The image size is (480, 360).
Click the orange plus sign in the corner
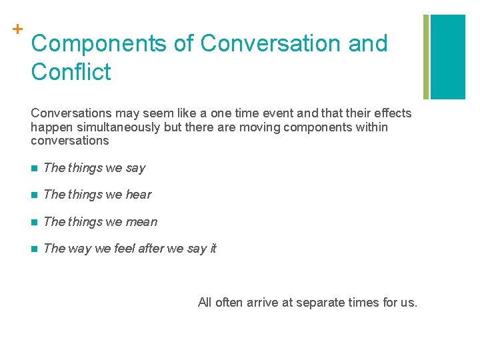[17, 29]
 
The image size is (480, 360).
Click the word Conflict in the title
[71, 71]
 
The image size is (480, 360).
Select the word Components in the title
[99, 43]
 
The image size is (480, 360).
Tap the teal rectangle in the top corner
[448, 57]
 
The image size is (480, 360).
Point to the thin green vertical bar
[426, 57]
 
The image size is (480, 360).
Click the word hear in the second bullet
[138, 195]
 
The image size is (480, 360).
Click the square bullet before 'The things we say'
[34, 168]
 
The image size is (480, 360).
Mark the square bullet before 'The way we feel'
[34, 249]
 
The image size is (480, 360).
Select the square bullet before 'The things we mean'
[34, 222]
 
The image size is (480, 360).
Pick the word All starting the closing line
[205, 303]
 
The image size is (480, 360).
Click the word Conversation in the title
[269, 43]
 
